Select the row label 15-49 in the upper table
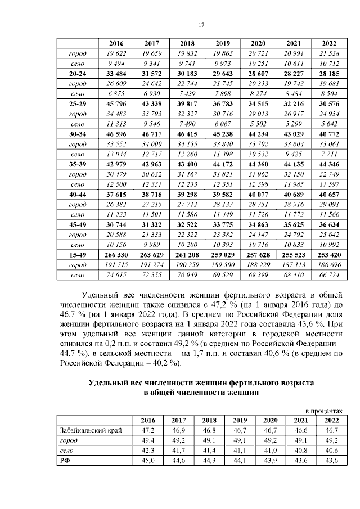pyautogui.click(x=78, y=255)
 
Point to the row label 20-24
pyautogui.click(x=78, y=74)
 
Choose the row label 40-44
pyautogui.click(x=78, y=195)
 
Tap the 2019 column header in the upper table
pyautogui.click(x=223, y=43)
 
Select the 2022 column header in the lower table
pyautogui.click(x=331, y=420)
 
